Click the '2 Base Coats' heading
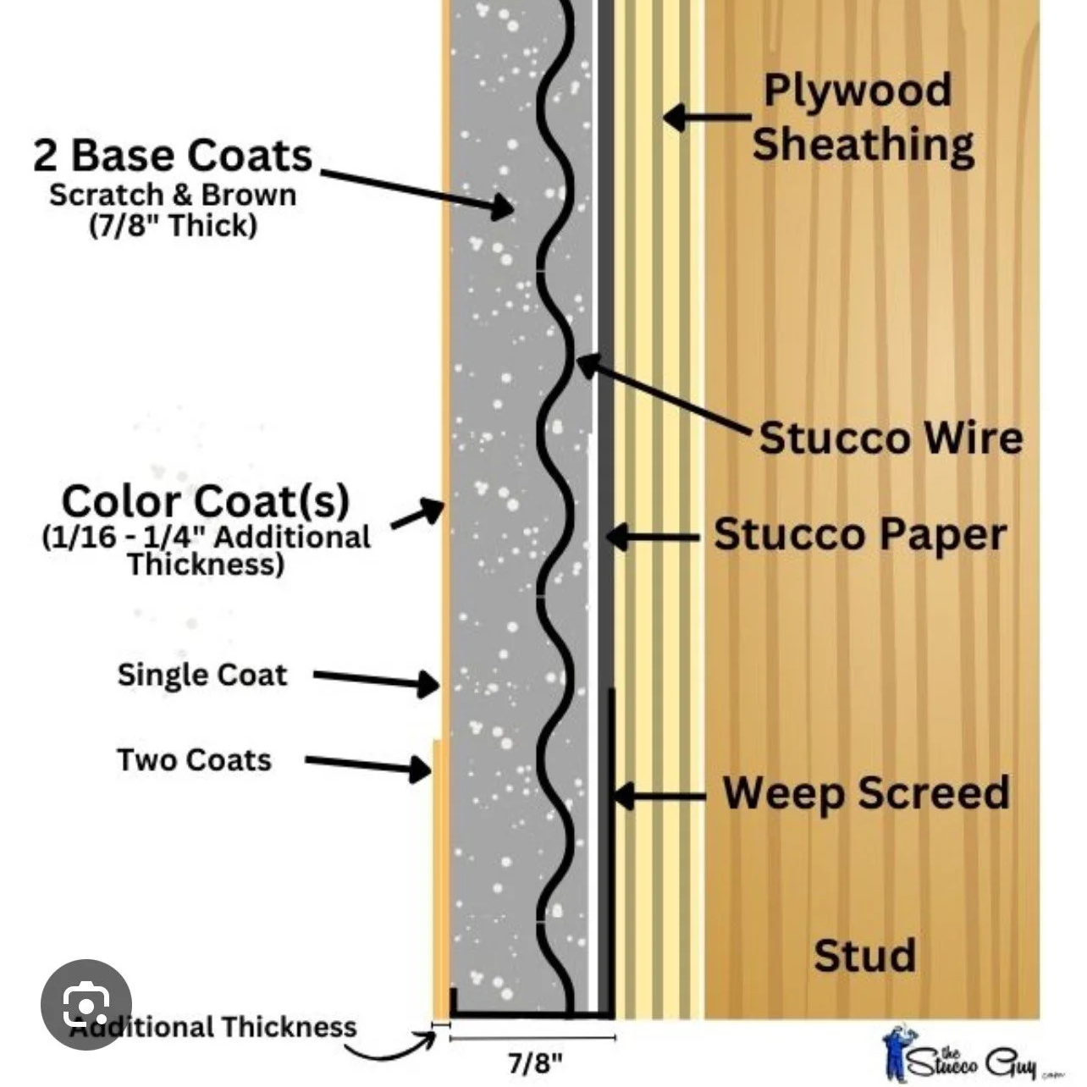(x=173, y=156)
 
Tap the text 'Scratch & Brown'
(x=173, y=196)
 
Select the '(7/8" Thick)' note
(x=174, y=226)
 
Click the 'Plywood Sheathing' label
(x=863, y=118)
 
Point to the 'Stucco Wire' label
(x=891, y=438)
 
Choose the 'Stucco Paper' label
(x=860, y=535)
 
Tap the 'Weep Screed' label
(x=866, y=792)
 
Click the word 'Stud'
(x=864, y=954)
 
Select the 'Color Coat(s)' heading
(x=206, y=501)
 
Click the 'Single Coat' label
(x=202, y=675)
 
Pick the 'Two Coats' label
(x=195, y=759)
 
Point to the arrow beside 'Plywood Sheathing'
(x=708, y=118)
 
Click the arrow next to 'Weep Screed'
(x=659, y=796)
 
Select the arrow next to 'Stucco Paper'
(x=653, y=537)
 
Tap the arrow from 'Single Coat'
(x=376, y=680)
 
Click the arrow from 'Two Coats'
(x=368, y=764)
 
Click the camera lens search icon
(x=86, y=1004)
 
